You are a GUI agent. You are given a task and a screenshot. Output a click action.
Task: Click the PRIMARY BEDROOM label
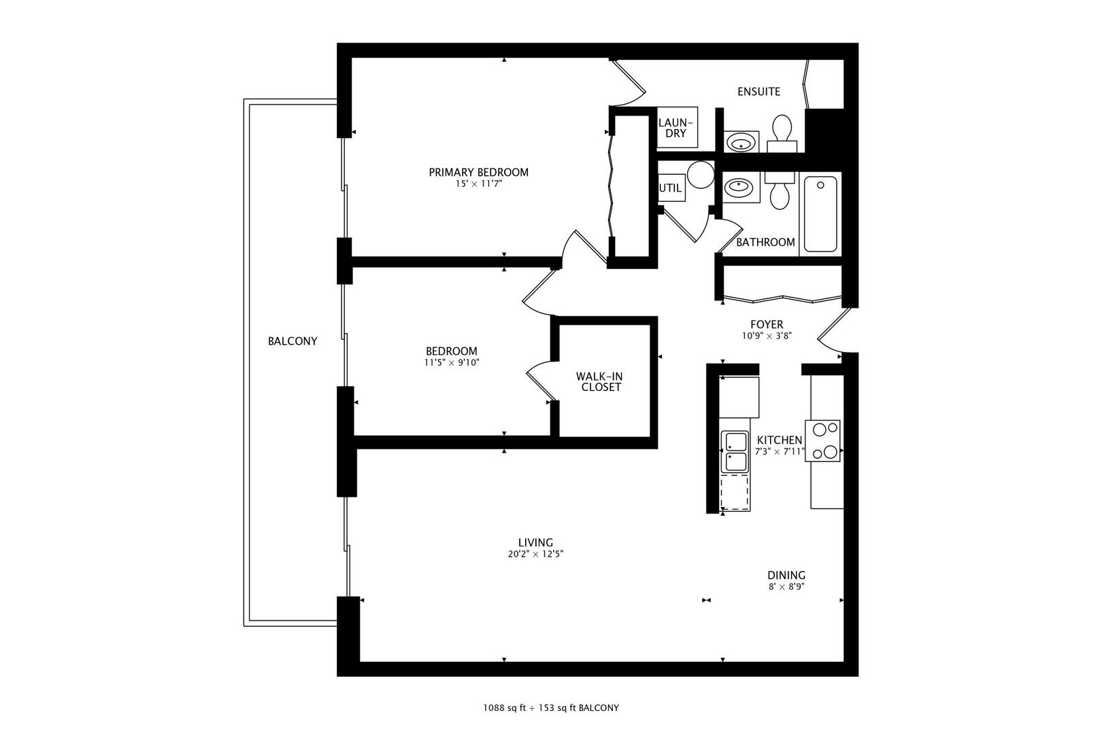click(478, 172)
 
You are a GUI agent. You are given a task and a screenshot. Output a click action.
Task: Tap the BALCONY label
click(293, 341)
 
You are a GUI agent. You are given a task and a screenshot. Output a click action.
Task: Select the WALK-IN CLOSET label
click(599, 381)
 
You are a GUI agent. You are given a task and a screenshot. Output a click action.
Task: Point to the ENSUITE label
click(758, 92)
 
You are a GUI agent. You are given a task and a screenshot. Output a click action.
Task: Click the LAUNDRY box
click(677, 127)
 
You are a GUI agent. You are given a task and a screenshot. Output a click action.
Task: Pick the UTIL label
click(670, 188)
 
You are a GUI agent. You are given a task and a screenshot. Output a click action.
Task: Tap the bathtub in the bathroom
click(820, 214)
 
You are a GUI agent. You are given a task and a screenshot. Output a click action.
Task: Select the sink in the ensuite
click(741, 143)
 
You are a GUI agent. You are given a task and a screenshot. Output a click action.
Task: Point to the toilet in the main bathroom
click(780, 190)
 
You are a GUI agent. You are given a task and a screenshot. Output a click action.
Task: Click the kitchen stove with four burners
click(822, 440)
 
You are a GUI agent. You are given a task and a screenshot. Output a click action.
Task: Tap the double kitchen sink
click(735, 451)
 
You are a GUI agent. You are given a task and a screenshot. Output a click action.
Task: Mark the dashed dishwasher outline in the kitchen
click(735, 492)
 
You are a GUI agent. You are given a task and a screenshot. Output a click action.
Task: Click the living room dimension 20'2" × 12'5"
click(535, 554)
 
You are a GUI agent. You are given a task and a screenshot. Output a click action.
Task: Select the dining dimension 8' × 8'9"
click(786, 587)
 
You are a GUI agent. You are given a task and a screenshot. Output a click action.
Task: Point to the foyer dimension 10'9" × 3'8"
click(767, 336)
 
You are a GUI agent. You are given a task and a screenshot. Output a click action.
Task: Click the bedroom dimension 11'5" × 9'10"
click(451, 363)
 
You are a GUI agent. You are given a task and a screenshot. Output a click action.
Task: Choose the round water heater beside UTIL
click(701, 175)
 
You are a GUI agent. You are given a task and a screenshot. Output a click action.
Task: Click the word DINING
click(786, 575)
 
